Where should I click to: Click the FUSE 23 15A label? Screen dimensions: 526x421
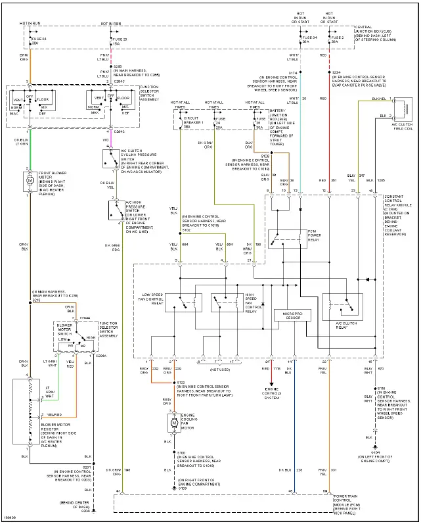pos(120,41)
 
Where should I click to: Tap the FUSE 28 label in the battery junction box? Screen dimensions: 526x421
pos(258,124)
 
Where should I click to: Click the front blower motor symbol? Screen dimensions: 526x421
pos(28,179)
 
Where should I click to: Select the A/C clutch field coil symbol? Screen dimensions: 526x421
pos(404,108)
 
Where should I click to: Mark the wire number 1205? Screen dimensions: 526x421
pos(380,179)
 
